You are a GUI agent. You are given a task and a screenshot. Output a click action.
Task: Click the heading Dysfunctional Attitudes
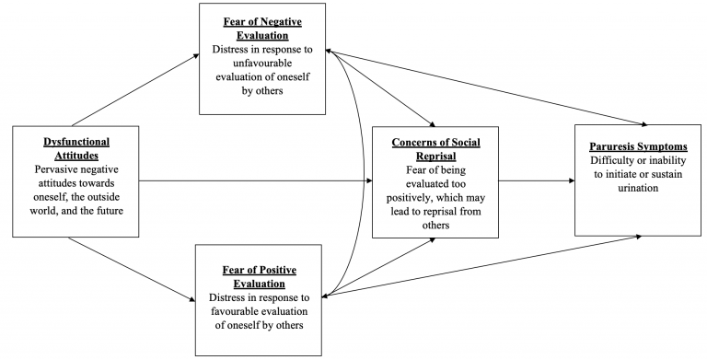pos(76,149)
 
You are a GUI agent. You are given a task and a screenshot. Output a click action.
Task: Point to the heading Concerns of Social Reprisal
pos(434,150)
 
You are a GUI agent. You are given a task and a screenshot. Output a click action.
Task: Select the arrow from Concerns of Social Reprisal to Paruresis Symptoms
pos(538,180)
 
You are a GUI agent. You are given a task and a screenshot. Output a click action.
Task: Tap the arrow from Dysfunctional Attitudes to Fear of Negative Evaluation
pos(133,90)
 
